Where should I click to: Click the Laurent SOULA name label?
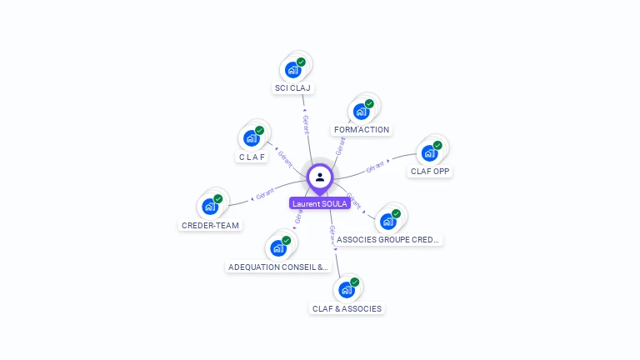320,203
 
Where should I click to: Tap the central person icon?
320,177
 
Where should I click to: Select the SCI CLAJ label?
294,87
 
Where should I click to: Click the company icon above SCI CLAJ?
292,69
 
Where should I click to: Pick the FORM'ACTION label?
362,129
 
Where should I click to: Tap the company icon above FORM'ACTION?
361,111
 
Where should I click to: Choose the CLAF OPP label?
430,171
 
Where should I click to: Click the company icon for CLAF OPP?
429,152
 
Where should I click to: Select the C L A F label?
252,157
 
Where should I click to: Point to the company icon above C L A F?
251,138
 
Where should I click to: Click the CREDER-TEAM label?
210,225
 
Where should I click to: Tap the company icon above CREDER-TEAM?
209,206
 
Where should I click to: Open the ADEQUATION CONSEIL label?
278,267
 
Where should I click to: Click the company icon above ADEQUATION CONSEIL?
277,247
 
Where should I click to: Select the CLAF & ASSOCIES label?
347,308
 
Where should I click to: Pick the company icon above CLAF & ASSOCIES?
346,289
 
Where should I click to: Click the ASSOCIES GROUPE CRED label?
388,239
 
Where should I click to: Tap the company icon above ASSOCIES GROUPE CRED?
387,221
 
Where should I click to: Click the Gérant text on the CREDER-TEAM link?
265,194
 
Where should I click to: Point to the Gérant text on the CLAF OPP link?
375,167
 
